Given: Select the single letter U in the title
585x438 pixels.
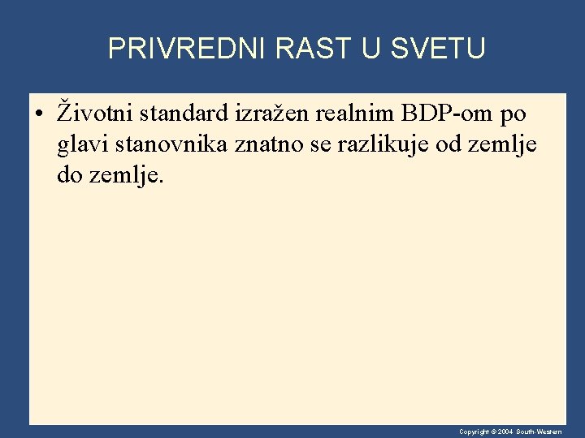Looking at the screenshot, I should coord(370,49).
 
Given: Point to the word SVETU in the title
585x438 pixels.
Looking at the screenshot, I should coord(438,49).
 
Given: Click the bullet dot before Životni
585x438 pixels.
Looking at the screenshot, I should coord(38,112).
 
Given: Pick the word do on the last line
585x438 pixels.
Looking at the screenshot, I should coord(72,175).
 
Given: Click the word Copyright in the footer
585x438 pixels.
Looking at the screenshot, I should coord(474,432).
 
